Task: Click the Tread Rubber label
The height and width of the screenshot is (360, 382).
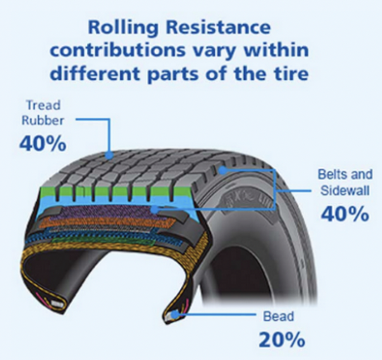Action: (43, 113)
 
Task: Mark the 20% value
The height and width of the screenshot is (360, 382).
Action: (281, 340)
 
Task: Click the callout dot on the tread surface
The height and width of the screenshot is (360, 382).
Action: (110, 155)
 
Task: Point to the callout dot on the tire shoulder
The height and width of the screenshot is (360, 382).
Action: (221, 170)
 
